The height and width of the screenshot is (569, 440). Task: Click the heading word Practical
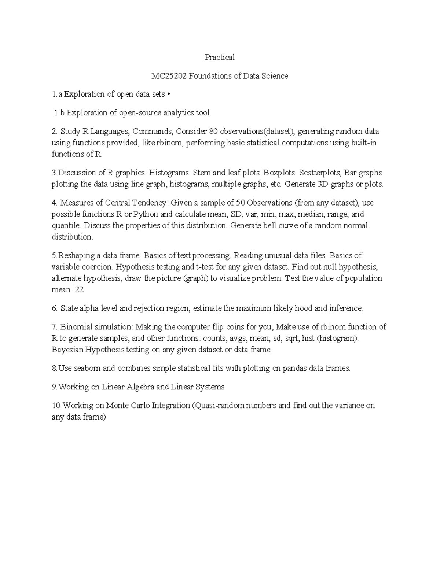click(x=220, y=57)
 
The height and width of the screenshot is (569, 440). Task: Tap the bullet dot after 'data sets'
click(x=169, y=94)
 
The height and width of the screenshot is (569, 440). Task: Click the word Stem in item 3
click(x=201, y=173)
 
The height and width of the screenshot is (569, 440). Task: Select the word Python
click(x=146, y=214)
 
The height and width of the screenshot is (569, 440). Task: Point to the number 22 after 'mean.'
click(x=79, y=289)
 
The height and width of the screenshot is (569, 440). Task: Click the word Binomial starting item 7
click(x=76, y=327)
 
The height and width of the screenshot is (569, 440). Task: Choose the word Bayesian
click(x=67, y=350)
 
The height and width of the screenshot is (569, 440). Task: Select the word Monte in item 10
click(x=117, y=406)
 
